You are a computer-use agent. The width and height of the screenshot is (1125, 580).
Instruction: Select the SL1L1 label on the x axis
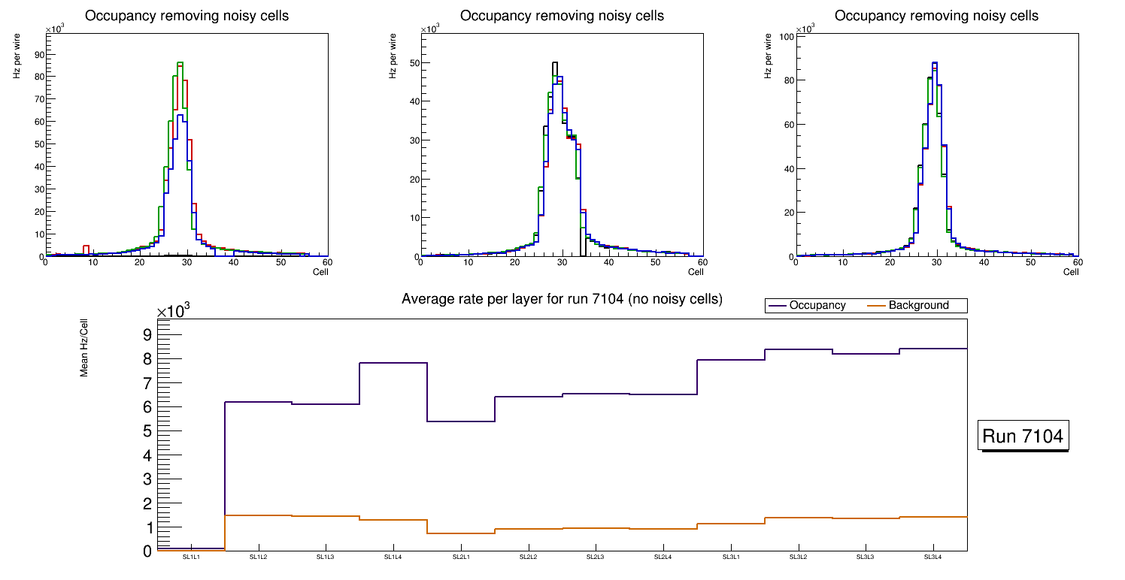[x=191, y=557]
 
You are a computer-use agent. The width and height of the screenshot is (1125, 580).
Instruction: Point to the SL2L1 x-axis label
[x=460, y=557]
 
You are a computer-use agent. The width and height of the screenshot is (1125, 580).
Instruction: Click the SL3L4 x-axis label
[x=932, y=557]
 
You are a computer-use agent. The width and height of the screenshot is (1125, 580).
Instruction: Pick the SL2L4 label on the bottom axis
[x=663, y=557]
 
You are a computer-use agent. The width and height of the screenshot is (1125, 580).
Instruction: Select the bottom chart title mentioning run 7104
[x=562, y=299]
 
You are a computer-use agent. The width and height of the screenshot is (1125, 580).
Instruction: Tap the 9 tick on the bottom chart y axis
[x=147, y=335]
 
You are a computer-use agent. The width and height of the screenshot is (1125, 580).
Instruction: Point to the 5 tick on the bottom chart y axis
[x=147, y=431]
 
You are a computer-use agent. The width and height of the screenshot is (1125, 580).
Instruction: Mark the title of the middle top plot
[x=562, y=16]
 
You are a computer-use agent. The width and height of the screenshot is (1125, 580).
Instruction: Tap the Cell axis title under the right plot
[x=1071, y=272]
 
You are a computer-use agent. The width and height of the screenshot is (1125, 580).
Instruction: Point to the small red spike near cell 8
[x=86, y=246]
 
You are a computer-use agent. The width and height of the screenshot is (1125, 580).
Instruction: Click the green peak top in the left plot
[x=180, y=63]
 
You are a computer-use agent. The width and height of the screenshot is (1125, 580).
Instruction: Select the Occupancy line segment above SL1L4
[x=393, y=363]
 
